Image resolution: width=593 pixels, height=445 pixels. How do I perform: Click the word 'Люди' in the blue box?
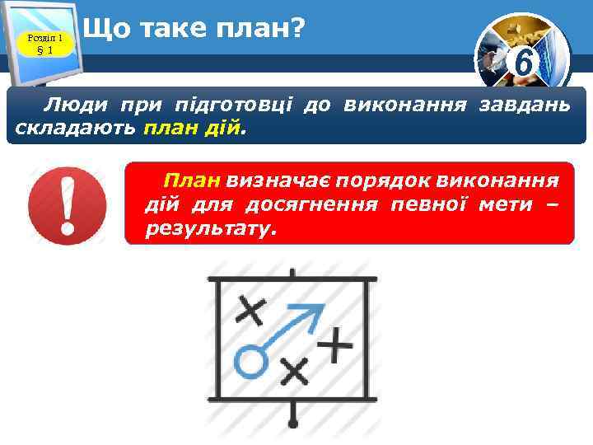point(72,105)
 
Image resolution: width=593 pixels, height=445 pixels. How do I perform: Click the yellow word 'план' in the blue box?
point(169,129)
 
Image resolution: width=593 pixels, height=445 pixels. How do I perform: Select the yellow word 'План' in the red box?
point(193,180)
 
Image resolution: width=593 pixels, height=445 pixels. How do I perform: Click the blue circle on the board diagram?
point(250,361)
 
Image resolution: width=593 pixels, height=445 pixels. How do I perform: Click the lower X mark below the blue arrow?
point(294,371)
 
